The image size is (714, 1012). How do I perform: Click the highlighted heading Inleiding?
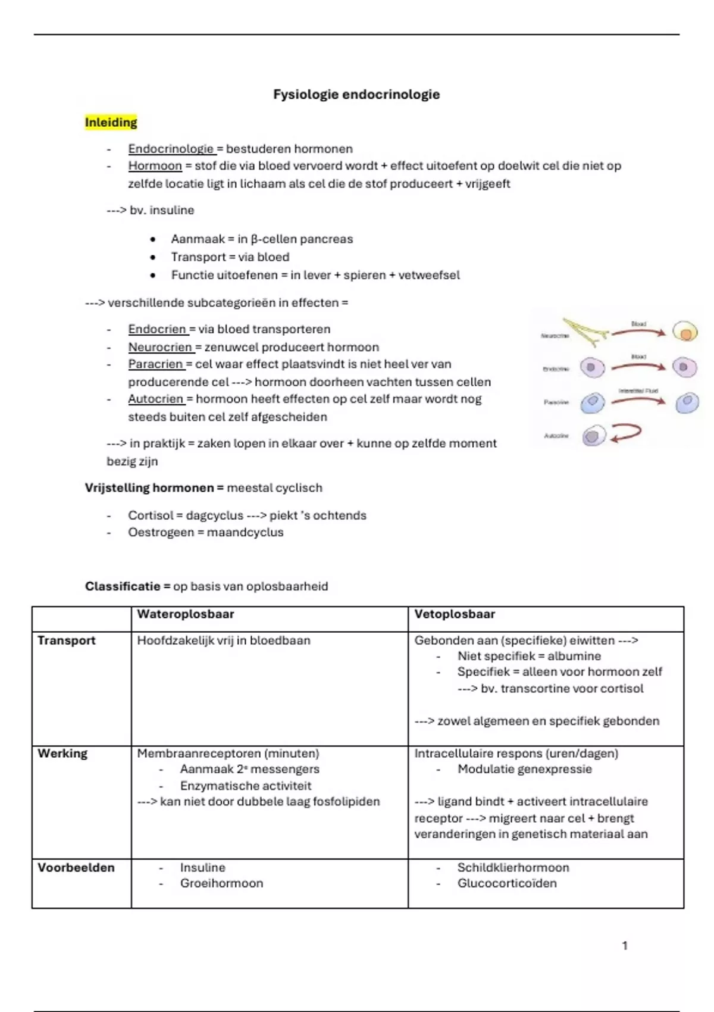point(111,123)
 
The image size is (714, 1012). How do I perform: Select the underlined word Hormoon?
point(155,166)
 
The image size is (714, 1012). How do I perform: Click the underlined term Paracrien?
point(155,364)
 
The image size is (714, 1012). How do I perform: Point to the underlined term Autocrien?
point(155,399)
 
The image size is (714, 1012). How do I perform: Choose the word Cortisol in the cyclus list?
point(151,516)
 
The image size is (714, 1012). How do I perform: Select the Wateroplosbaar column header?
point(185,614)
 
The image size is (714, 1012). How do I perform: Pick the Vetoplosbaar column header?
point(455,614)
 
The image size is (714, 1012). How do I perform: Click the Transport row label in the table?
point(66,641)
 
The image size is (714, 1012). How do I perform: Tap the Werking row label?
point(62,754)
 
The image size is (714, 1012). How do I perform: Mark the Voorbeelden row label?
point(76,868)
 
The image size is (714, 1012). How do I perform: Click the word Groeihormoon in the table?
point(221,883)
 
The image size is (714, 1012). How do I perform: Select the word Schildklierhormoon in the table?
point(513,868)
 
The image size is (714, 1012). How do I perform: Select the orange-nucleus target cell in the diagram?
point(685,332)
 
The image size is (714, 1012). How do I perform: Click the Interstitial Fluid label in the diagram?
point(638,391)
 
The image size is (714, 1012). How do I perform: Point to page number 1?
point(625,945)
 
